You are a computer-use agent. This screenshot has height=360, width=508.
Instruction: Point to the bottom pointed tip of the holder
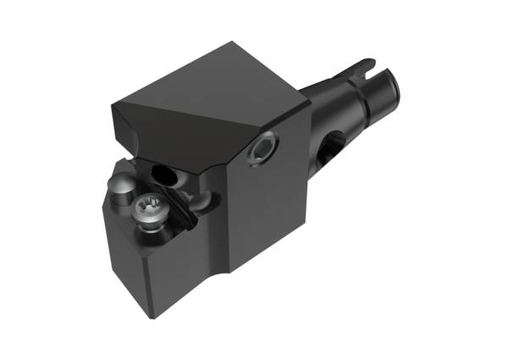pyautogui.click(x=151, y=316)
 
